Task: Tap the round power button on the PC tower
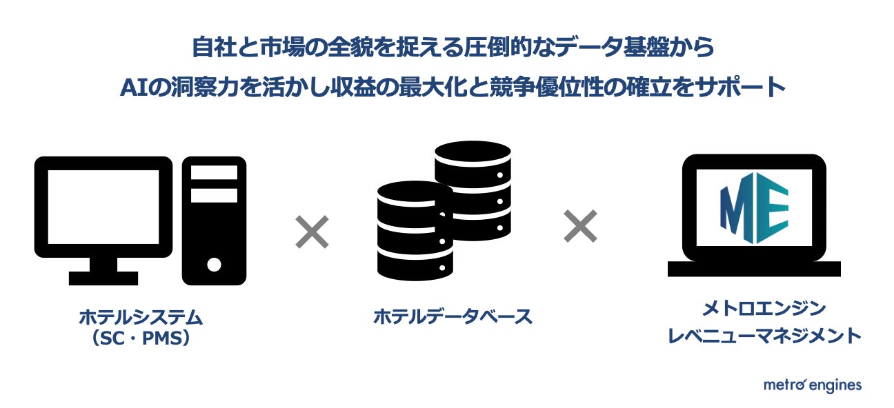214,264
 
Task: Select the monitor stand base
103,278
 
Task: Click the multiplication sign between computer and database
312,232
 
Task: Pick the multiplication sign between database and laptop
580,226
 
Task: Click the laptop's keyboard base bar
754,269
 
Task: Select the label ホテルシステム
141,318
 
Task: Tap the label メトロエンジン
753,307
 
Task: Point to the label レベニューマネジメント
753,336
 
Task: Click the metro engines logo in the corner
812,385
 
